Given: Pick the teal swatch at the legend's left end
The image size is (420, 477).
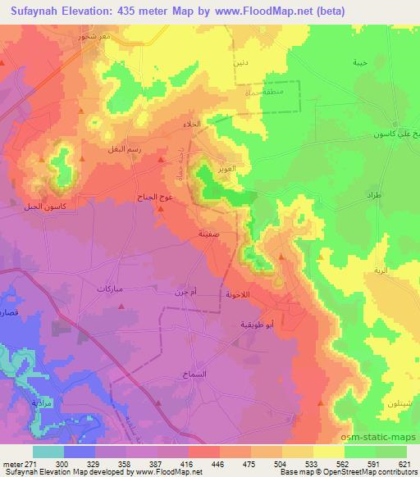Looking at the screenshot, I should (47, 451).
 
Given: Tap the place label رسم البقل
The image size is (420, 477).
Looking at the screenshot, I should (112, 150).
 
